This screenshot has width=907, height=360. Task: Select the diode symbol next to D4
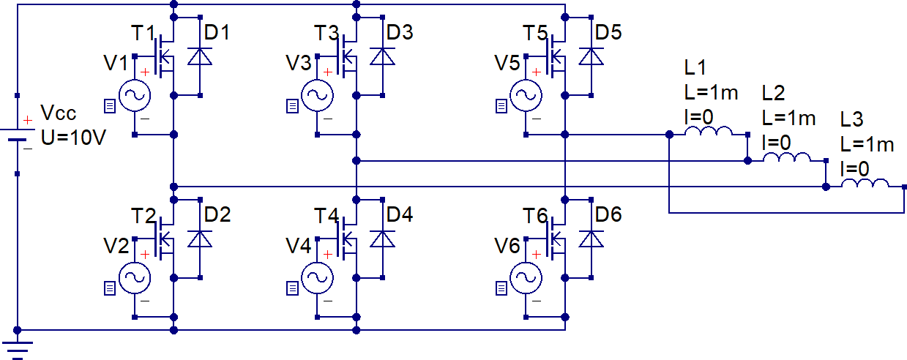coord(382,239)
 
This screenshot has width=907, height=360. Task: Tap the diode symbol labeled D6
coord(590,239)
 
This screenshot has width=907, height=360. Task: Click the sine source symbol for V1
coord(134,95)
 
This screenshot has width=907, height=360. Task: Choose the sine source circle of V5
coord(525,95)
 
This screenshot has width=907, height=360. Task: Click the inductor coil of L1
coord(708,132)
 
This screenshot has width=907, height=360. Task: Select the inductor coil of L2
coord(786,158)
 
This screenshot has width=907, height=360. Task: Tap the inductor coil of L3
coord(865,184)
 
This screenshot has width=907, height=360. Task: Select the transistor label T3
coord(327,34)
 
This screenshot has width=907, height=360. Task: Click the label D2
coord(217,215)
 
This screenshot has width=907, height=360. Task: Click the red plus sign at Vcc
coord(27,120)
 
